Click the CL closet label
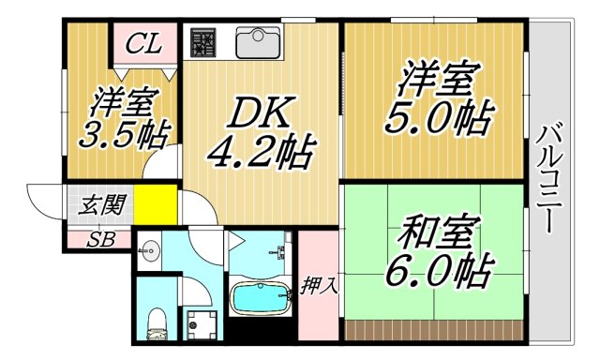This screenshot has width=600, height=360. (x=143, y=43)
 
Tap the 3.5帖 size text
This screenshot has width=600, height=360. (x=121, y=134)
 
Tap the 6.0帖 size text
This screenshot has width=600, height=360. (x=435, y=271)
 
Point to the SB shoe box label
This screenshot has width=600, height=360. (x=99, y=239)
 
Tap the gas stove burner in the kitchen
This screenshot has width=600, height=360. (x=203, y=43)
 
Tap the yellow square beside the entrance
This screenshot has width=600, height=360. (x=155, y=203)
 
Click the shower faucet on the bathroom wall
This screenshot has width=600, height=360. (x=278, y=251)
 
